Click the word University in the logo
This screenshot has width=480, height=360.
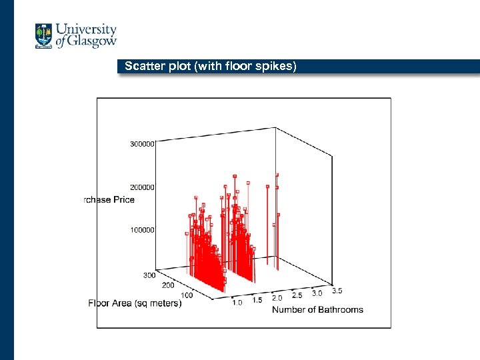pos(86,30)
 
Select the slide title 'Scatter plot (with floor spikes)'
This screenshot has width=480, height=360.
pos(206,66)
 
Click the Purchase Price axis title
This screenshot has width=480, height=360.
pos(109,199)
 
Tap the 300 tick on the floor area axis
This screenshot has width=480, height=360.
pos(149,275)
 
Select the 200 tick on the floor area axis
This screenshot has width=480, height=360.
pos(168,285)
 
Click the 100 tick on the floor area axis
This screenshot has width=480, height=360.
pos(187,295)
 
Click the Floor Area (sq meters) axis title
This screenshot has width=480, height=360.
pos(135,303)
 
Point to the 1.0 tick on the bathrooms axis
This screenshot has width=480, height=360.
pos(237,303)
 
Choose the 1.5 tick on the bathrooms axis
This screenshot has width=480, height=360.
pos(257,301)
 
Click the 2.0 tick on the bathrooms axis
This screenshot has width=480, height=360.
pos(277,298)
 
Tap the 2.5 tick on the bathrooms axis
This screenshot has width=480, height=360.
pos(297,295)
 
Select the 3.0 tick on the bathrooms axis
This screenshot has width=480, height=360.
pos(317,293)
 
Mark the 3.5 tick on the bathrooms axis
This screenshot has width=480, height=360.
pos(337,290)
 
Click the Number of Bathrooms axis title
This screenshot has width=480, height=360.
pos(317,309)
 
